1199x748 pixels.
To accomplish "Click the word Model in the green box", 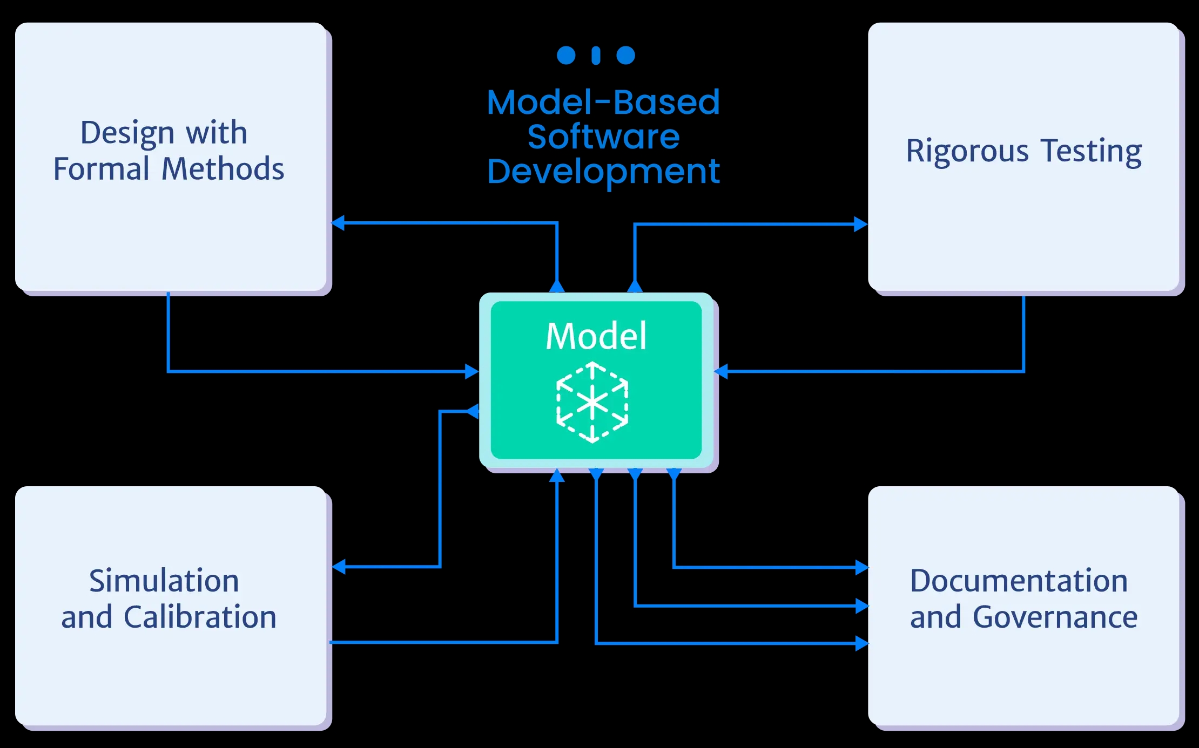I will (596, 336).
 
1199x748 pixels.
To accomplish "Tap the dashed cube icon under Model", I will (592, 403).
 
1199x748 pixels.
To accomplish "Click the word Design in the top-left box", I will (127, 133).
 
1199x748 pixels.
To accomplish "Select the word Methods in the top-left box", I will (223, 169).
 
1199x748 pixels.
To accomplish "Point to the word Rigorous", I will (967, 151).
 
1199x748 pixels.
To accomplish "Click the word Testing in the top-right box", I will (1092, 151).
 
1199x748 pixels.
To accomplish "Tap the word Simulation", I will (164, 581).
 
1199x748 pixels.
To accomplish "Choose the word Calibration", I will (200, 617).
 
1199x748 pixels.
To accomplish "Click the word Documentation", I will (1019, 581).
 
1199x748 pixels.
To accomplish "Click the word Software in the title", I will (603, 137).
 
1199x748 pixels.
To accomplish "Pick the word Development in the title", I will (603, 172).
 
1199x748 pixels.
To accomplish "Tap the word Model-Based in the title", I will (603, 102).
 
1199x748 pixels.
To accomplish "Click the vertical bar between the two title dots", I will (596, 56).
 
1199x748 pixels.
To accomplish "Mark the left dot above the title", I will (566, 55).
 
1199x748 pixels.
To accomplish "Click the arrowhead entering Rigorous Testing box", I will (860, 225).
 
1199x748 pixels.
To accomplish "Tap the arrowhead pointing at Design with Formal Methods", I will (338, 222).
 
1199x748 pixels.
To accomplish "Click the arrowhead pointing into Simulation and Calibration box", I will (339, 567).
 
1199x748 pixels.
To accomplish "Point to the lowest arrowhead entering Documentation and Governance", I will (862, 643).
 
